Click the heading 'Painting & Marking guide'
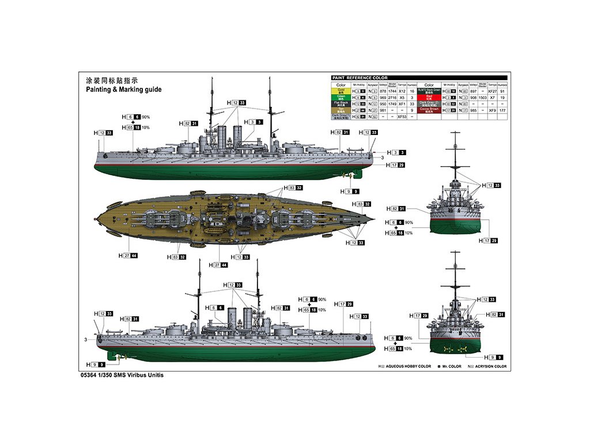123,89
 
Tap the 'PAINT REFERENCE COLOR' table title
360,78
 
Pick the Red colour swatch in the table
429,97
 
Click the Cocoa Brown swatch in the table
429,110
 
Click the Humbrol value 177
502,110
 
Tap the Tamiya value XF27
492,91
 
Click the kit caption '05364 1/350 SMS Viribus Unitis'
123,375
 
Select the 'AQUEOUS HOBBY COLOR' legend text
409,366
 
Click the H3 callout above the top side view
253,122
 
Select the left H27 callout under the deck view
127,255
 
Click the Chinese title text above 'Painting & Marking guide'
112,80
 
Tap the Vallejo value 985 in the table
474,110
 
